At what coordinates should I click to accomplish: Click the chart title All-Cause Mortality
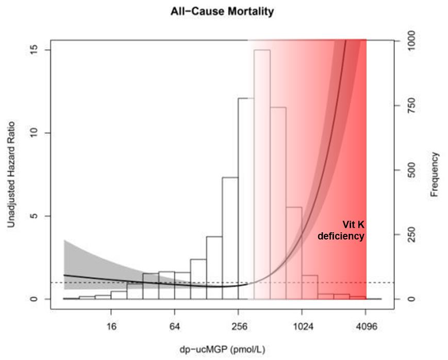tap(222, 11)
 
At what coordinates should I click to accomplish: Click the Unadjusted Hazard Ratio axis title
tap(11, 175)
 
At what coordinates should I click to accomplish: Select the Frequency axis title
tap(435, 174)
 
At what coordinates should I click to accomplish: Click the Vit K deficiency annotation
tap(341, 230)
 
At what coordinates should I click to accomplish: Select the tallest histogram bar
tap(262, 175)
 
